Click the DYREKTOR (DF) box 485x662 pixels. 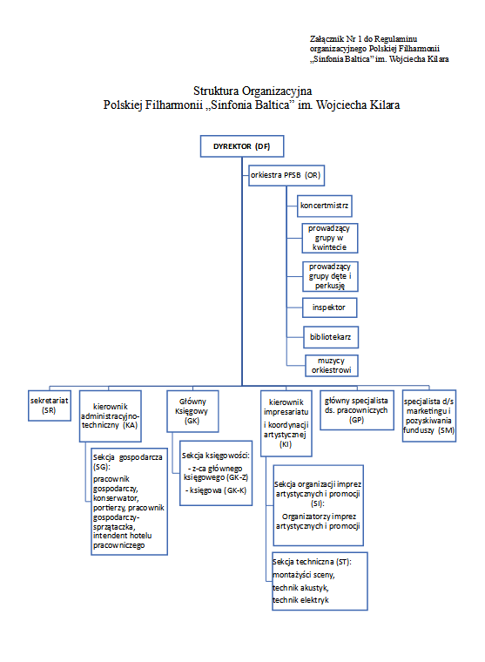(x=242, y=146)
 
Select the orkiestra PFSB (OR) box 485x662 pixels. (x=286, y=175)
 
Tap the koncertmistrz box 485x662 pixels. (x=324, y=206)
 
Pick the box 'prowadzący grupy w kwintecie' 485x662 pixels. (x=330, y=238)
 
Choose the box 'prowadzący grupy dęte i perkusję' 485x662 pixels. (x=330, y=276)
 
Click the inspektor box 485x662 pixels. (x=330, y=307)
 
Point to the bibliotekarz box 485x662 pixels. (x=331, y=337)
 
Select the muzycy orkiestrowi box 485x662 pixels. (x=332, y=366)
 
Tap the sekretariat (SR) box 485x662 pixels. (x=50, y=406)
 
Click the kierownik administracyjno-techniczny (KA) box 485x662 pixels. (x=111, y=416)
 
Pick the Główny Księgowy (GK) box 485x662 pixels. (x=192, y=411)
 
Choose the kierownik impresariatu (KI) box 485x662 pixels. (x=286, y=423)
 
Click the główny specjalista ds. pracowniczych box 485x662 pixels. (x=357, y=410)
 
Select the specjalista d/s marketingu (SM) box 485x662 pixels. (x=429, y=415)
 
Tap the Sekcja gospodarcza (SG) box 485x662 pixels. (x=129, y=502)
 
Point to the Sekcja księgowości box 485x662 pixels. (x=216, y=473)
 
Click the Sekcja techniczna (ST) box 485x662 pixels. (x=320, y=581)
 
